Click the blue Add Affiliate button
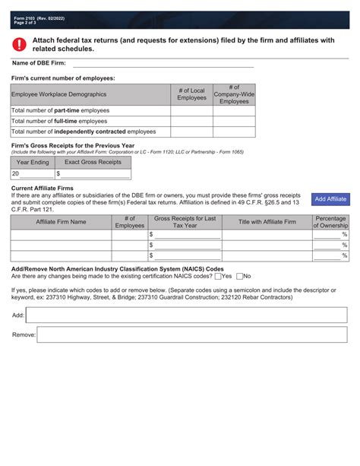[330, 198]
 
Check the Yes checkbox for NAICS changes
[217, 276]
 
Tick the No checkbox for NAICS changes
[240, 276]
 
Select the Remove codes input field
[192, 334]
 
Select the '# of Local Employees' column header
[191, 94]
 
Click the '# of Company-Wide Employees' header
[234, 94]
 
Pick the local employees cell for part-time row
[191, 110]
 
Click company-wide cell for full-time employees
[234, 121]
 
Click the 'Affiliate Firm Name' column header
[61, 222]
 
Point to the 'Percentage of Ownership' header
[330, 222]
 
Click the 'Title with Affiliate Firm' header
[267, 222]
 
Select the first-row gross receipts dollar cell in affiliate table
[187, 235]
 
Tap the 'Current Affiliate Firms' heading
[43, 187]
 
